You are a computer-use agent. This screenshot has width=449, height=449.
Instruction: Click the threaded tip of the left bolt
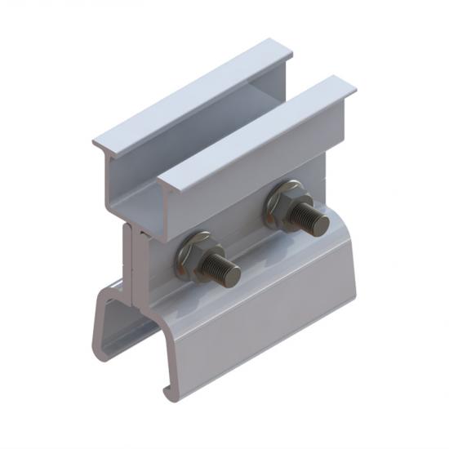coord(230,270)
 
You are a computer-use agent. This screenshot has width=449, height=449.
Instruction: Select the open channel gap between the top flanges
coord(220,122)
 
